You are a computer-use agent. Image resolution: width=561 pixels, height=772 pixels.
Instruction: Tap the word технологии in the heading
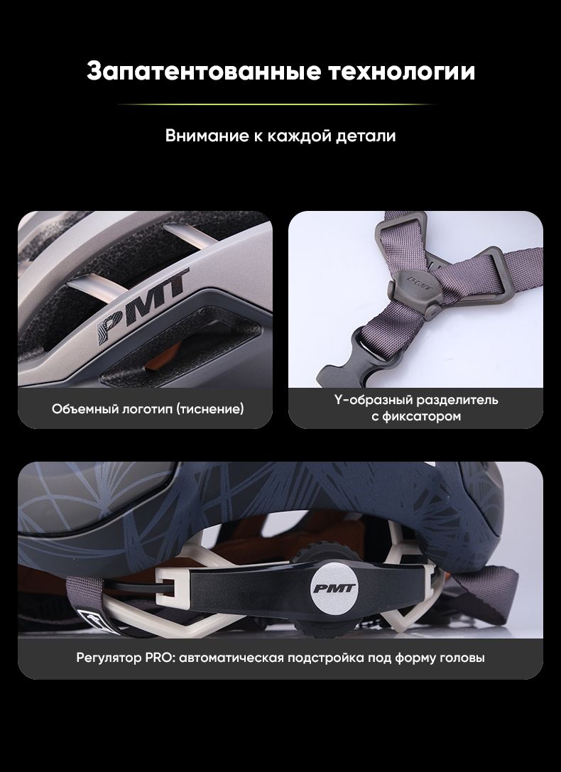pos(402,71)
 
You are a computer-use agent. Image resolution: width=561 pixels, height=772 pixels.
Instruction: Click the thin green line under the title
pos(276,104)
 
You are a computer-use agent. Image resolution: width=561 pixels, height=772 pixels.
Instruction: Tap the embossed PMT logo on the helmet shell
pos(143,306)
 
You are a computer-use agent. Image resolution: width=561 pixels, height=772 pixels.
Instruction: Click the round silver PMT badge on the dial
pos(334,588)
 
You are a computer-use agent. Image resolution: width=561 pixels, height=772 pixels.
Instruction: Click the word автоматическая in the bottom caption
pos(231,658)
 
